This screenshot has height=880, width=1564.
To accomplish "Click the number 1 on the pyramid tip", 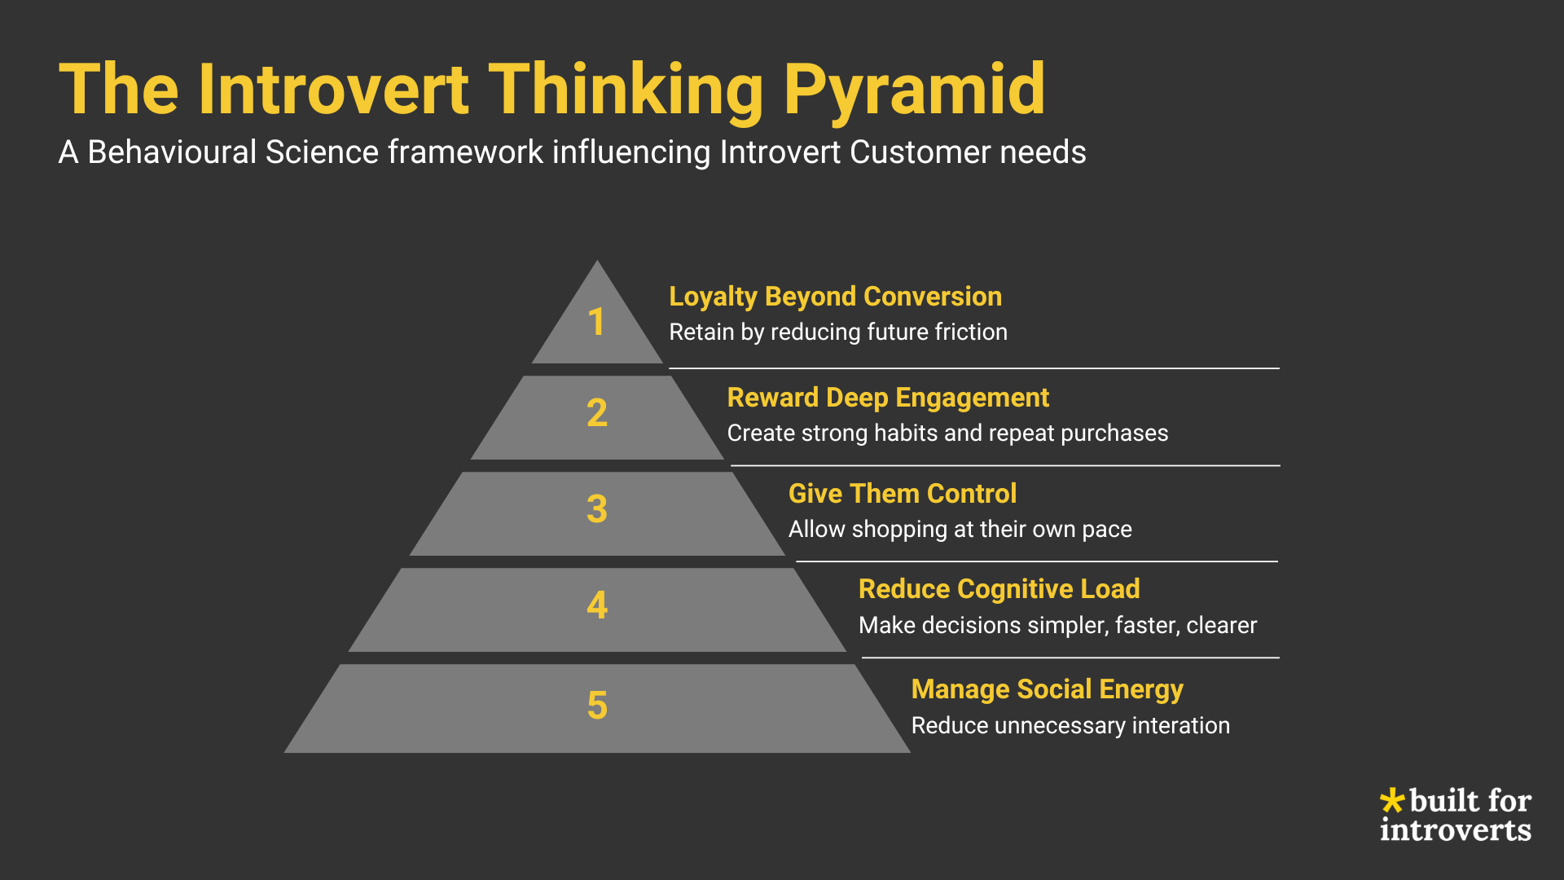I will (596, 322).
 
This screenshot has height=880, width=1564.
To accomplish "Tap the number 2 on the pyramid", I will (597, 413).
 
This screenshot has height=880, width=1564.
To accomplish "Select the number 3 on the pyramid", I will (597, 509).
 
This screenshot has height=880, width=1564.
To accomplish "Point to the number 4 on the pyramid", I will (597, 605).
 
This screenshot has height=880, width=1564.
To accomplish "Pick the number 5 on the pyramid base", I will (597, 706).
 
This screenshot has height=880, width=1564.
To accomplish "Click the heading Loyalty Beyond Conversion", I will (835, 297).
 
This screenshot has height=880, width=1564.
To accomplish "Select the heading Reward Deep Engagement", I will (888, 398).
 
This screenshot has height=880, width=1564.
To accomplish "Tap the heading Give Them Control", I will (903, 494).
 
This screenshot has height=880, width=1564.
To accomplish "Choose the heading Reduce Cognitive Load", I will (999, 589).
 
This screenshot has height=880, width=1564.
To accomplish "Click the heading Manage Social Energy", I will (1047, 689).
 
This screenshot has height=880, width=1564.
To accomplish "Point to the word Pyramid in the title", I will (914, 90).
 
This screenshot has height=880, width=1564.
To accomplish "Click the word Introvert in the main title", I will (333, 90).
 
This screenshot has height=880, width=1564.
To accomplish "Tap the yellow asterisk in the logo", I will (1392, 800).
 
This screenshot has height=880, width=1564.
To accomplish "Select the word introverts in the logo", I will (1456, 829).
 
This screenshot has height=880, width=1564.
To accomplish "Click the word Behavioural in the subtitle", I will (172, 152).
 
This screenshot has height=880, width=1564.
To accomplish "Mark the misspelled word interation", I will (1180, 725).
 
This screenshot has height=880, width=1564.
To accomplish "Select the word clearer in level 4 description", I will (1222, 625).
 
